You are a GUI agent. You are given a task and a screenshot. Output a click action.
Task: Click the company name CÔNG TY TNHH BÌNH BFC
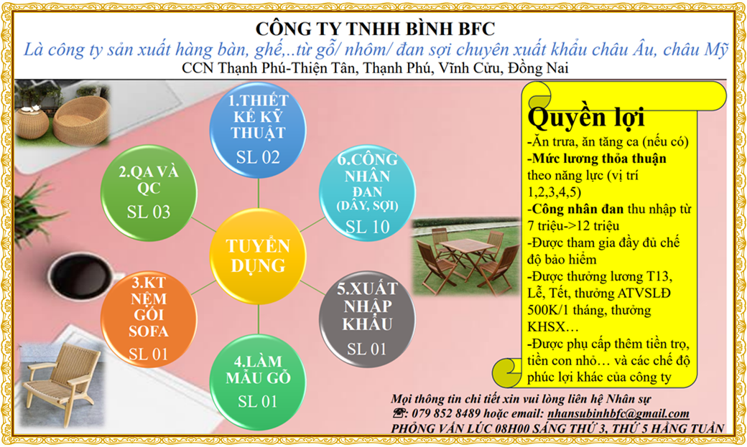coord(375,29)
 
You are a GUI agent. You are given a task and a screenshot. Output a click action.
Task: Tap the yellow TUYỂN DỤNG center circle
coord(258,256)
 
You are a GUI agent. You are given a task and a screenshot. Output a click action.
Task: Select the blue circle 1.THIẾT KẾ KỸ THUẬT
coord(258,129)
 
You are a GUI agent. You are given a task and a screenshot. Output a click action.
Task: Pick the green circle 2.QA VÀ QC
coord(149,193)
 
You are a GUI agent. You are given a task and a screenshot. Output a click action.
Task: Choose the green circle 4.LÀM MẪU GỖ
coord(258,382)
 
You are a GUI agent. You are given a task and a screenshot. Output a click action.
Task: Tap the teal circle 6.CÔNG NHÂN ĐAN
coord(367,192)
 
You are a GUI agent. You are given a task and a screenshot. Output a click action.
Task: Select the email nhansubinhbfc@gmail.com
coord(618,413)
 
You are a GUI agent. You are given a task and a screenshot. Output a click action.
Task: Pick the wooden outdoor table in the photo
coord(466,257)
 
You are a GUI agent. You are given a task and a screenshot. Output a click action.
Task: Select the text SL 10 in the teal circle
coord(367,227)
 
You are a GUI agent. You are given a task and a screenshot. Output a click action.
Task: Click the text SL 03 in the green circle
coord(149,212)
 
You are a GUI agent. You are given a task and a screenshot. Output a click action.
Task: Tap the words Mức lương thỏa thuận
coord(599,159)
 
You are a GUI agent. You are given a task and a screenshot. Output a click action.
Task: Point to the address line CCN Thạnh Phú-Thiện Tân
coord(375,68)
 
